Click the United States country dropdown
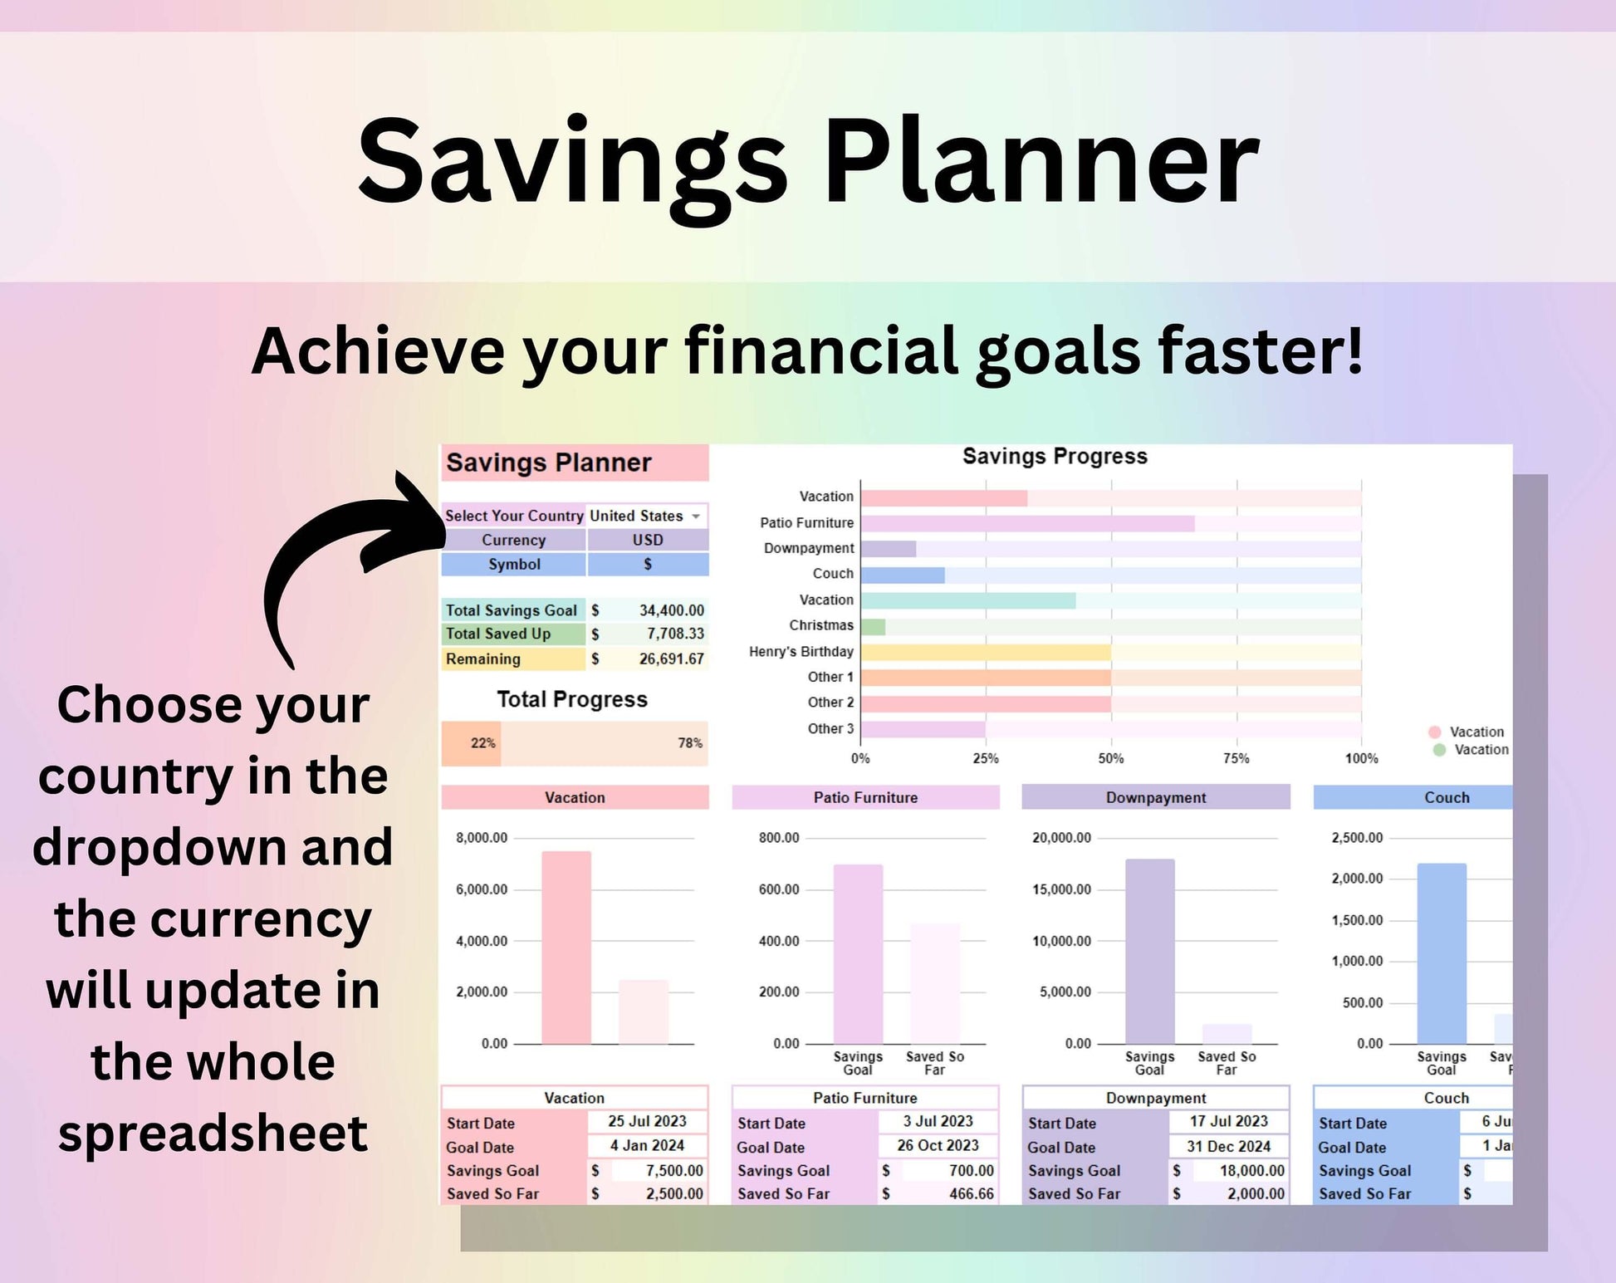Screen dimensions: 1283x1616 click(646, 516)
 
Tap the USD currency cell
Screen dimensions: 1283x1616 click(648, 540)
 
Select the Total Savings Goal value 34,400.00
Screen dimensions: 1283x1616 click(671, 610)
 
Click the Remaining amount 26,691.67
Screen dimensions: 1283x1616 click(671, 659)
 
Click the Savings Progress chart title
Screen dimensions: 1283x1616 click(1055, 457)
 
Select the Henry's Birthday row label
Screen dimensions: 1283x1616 click(801, 652)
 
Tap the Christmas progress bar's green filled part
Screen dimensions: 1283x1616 click(873, 627)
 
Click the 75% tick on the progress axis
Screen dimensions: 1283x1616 click(1236, 758)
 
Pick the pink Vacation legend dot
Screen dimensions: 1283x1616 click(1434, 732)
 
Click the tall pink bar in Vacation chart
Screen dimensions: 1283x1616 click(566, 947)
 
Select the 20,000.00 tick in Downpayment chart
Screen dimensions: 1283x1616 click(1061, 838)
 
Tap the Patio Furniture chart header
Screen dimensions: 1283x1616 click(865, 797)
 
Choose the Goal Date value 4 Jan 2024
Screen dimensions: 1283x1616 click(647, 1146)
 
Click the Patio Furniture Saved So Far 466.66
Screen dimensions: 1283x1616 click(971, 1194)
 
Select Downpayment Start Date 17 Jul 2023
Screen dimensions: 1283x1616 click(1228, 1122)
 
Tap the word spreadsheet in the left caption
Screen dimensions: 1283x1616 click(213, 1133)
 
